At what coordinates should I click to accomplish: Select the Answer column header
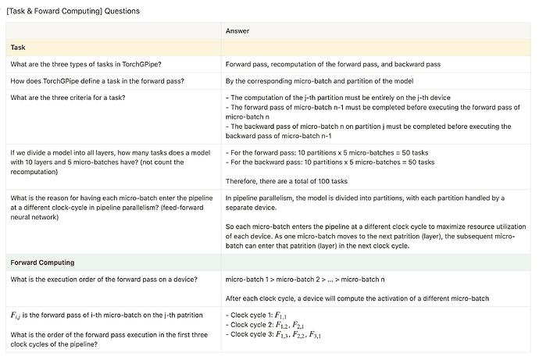point(237,31)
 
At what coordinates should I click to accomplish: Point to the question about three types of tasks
point(83,64)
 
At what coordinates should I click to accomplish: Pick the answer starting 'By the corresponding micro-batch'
point(323,80)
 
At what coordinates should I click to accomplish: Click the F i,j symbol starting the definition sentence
point(16,315)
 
